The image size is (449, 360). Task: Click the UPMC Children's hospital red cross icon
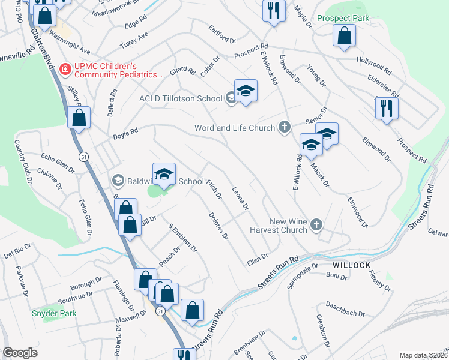point(65,70)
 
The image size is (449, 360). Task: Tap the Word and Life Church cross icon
point(285,127)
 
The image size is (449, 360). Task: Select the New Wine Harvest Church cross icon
point(318,225)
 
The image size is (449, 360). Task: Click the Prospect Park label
point(343,19)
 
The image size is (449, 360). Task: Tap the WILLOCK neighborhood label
point(349,265)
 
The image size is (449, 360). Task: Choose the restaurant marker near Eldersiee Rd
point(385,108)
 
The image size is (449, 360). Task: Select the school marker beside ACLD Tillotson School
point(246,92)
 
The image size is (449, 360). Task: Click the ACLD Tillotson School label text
point(180,98)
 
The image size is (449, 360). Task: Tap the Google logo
point(20,353)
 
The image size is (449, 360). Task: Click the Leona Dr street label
point(240,199)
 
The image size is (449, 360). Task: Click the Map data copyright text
point(424,355)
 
